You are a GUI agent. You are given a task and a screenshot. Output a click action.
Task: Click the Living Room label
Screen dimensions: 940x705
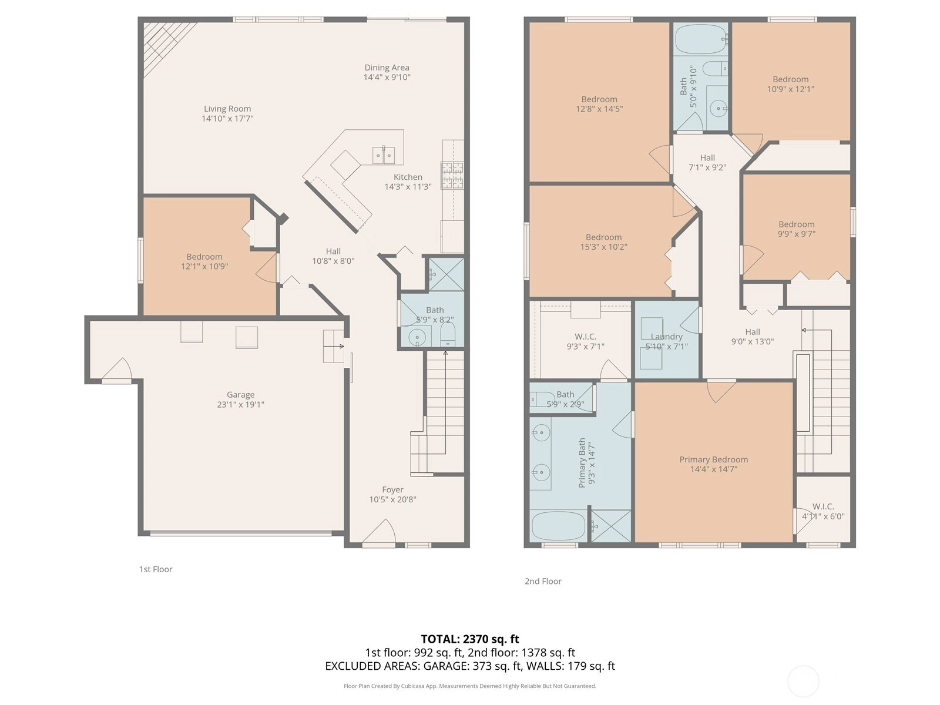pos(227,109)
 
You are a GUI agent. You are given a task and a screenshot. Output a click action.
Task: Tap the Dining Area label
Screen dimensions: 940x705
pos(387,68)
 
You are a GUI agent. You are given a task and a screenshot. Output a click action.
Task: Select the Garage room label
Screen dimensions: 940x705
pos(241,395)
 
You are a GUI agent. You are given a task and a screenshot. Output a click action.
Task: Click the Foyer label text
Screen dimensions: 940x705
pos(392,490)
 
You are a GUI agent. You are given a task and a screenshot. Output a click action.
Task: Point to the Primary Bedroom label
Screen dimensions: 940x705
pos(713,459)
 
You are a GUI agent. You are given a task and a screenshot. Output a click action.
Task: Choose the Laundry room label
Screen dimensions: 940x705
pos(666,337)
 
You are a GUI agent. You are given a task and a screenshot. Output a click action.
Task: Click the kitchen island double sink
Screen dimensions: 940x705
pos(383,155)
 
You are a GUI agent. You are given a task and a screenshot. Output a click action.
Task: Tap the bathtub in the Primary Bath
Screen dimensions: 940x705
pos(559,526)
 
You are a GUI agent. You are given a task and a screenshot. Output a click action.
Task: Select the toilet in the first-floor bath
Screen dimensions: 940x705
pos(448,334)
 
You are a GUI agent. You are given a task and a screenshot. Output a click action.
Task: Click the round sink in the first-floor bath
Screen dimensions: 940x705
pos(417,338)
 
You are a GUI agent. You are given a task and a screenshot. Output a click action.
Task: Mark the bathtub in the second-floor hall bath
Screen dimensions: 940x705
pos(701,39)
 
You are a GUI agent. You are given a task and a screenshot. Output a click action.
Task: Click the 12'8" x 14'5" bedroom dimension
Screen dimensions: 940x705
pos(599,109)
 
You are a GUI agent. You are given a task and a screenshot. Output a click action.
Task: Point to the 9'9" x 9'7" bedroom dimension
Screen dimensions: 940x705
pos(797,234)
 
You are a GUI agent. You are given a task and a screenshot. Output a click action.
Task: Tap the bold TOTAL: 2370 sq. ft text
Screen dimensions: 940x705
pos(470,639)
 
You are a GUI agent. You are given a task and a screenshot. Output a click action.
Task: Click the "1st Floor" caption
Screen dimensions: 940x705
pos(156,569)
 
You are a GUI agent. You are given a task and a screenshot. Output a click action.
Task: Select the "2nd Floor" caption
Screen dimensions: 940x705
pos(543,581)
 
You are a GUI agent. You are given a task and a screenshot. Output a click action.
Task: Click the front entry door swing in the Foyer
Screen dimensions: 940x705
pos(380,534)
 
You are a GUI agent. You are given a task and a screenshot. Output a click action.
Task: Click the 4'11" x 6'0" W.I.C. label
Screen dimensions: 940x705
pos(823,516)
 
